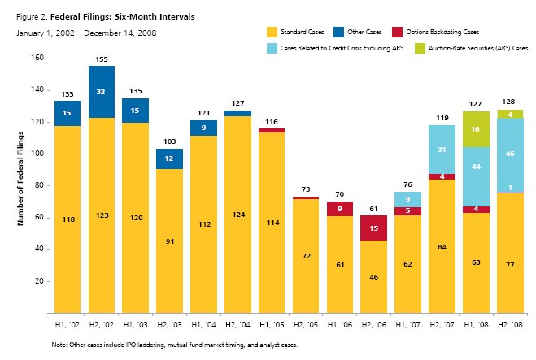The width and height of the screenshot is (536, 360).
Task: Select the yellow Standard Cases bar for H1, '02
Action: pyautogui.click(x=67, y=219)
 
